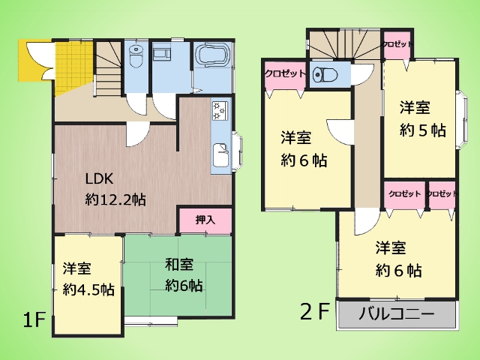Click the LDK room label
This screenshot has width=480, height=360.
[x=98, y=179]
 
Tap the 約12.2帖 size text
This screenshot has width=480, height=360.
[x=115, y=199]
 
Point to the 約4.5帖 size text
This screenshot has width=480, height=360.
[x=88, y=289]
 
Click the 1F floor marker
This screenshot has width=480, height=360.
[x=34, y=321]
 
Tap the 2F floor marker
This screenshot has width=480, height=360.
[x=315, y=311]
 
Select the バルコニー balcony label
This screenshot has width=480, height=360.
[x=397, y=314]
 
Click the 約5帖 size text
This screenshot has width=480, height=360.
[x=423, y=129]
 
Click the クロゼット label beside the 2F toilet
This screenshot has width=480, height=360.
[x=284, y=73]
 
